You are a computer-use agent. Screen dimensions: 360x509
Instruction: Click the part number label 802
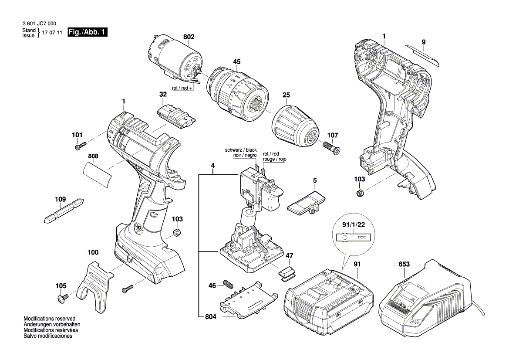click(x=189, y=37)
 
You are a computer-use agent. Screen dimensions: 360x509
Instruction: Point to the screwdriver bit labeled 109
click(x=64, y=211)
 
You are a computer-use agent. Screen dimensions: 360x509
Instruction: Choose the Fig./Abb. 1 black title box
click(x=87, y=33)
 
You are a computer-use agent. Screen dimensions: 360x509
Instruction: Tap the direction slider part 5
click(x=307, y=201)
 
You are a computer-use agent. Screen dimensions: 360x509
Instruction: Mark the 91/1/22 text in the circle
click(x=353, y=226)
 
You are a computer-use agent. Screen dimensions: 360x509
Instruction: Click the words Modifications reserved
click(x=49, y=319)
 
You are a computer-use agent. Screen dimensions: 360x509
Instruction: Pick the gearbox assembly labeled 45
click(x=237, y=89)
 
